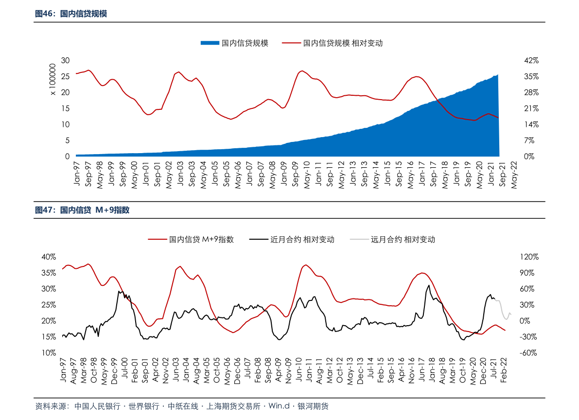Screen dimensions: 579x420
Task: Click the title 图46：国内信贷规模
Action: (x=71, y=14)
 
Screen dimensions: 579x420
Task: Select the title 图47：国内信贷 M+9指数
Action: (x=82, y=210)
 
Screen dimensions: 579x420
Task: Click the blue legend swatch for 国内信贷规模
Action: (x=210, y=43)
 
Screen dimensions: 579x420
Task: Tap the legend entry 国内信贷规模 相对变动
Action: (x=343, y=43)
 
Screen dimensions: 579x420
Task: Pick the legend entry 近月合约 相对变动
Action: (x=302, y=239)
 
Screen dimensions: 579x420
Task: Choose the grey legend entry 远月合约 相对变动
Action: (x=403, y=239)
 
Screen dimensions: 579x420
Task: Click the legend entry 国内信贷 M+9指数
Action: (x=201, y=239)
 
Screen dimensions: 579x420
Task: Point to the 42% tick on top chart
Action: (x=531, y=60)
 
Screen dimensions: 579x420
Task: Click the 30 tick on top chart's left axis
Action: (x=65, y=60)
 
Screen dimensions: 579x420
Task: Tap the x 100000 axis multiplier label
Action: (x=53, y=79)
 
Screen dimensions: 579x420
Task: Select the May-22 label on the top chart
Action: (x=514, y=175)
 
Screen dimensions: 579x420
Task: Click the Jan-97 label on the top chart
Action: (x=76, y=173)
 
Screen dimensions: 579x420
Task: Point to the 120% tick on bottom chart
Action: (x=529, y=257)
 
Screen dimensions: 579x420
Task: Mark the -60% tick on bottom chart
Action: (x=528, y=353)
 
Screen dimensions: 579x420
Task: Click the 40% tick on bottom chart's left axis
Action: (x=49, y=257)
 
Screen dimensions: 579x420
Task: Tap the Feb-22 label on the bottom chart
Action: (x=503, y=370)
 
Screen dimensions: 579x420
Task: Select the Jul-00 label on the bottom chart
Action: (x=124, y=368)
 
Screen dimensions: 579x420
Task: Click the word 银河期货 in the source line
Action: (x=313, y=406)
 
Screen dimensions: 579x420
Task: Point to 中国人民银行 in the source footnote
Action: (x=98, y=406)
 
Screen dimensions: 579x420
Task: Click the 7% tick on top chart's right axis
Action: (x=529, y=140)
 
